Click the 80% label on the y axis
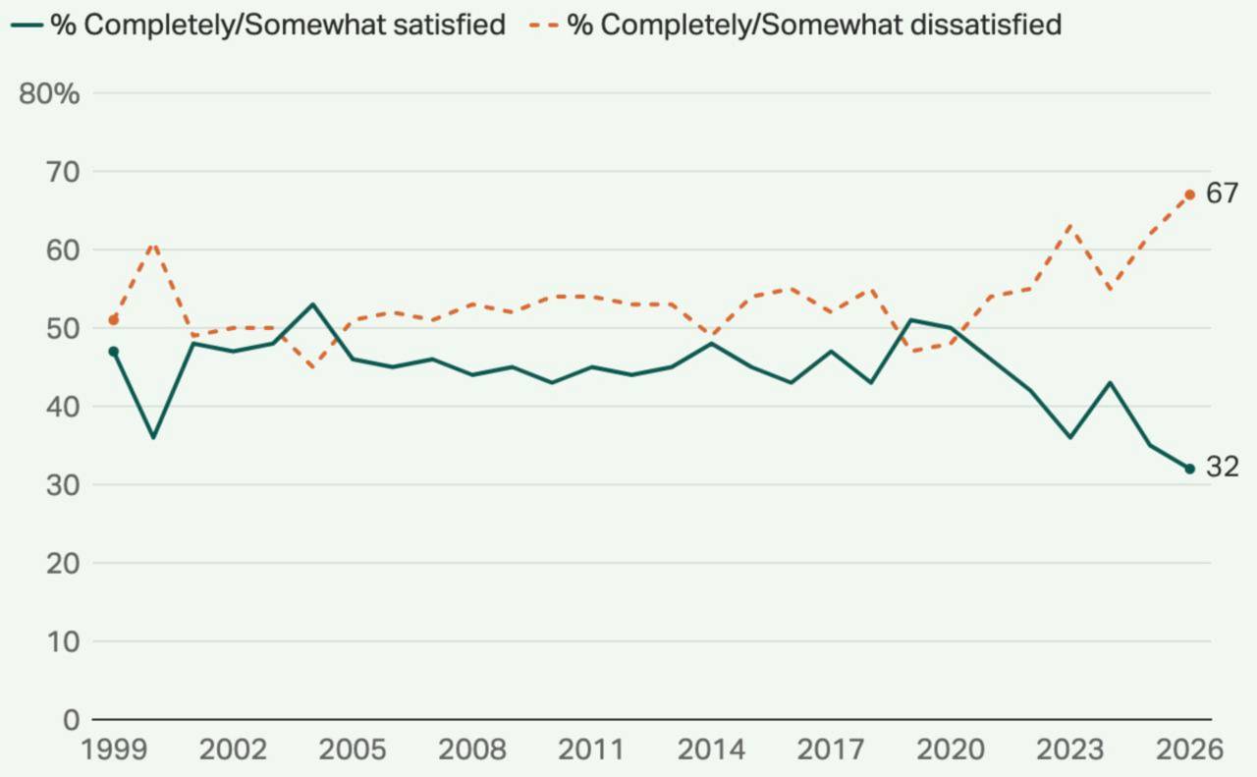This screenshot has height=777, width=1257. tap(49, 93)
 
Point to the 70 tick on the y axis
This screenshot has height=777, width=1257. tap(63, 172)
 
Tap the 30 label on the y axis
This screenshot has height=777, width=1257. tap(63, 485)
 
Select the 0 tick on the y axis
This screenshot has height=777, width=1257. tap(72, 720)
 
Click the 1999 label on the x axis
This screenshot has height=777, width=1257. tap(114, 749)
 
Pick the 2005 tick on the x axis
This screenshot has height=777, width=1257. tap(353, 749)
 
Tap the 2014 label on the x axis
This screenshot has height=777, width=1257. tap(711, 749)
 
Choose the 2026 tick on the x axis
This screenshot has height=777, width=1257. tap(1189, 749)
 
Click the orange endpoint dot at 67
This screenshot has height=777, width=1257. tap(1189, 194)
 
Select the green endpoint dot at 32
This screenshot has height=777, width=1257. tap(1189, 469)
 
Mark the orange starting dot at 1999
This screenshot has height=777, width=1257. tap(113, 320)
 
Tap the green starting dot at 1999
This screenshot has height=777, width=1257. tap(113, 352)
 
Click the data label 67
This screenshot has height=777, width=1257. tap(1222, 194)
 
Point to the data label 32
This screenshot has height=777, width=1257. tap(1222, 468)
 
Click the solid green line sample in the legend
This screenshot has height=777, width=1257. tap(27, 26)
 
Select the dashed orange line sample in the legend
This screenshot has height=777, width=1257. tap(544, 26)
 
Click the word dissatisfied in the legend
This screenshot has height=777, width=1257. tap(986, 25)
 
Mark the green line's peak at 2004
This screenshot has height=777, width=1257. tap(312, 305)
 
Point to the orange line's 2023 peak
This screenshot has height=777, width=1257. tap(1070, 226)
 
